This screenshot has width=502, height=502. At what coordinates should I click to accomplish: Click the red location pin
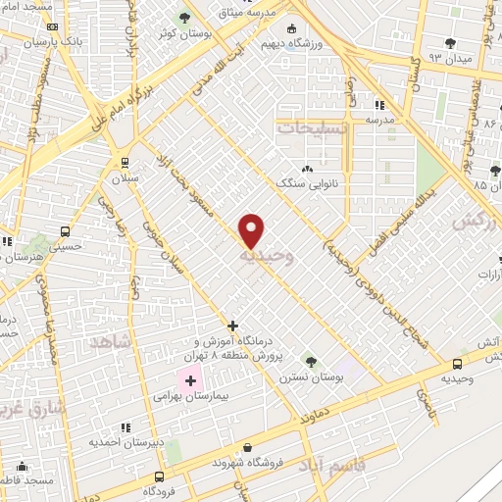point(252,230)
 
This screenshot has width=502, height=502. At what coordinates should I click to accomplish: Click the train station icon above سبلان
point(125,163)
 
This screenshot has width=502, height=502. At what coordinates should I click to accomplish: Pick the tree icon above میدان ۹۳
point(450,42)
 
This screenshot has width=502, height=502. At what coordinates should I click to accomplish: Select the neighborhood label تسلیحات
point(308,127)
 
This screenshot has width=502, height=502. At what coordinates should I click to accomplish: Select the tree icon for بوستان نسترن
point(310,361)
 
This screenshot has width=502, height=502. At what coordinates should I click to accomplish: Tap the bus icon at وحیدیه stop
point(452,361)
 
